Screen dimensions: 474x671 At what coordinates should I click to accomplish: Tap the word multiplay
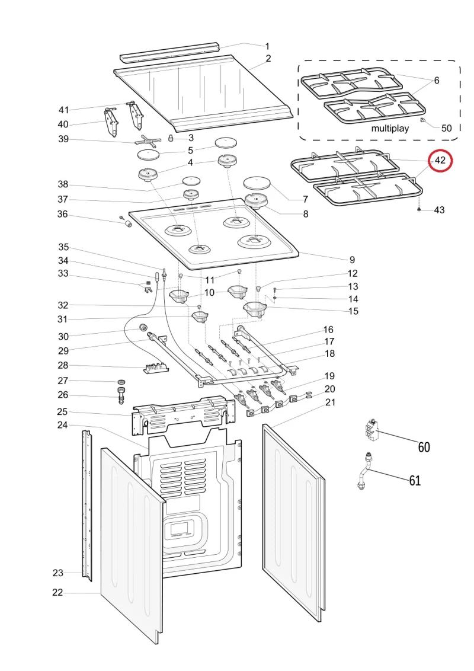coord(390,129)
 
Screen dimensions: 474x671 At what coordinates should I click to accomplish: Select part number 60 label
coord(424,447)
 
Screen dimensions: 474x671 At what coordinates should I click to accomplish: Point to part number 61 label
coord(415,481)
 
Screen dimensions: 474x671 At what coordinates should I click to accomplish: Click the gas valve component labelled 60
coord(371,431)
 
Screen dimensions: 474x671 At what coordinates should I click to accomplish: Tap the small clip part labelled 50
coord(423,121)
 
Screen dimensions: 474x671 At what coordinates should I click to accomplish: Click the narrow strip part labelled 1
coord(169,52)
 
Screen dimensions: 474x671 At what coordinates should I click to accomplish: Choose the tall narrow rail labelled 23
coord(87,506)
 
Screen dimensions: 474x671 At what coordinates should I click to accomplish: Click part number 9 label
coord(352,260)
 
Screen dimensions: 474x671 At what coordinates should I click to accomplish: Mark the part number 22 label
coord(57,592)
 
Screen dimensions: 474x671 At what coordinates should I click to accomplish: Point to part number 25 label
coord(62,412)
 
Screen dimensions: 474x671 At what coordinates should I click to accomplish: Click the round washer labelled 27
coord(121,381)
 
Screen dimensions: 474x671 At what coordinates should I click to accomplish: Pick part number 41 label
coord(64,110)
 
